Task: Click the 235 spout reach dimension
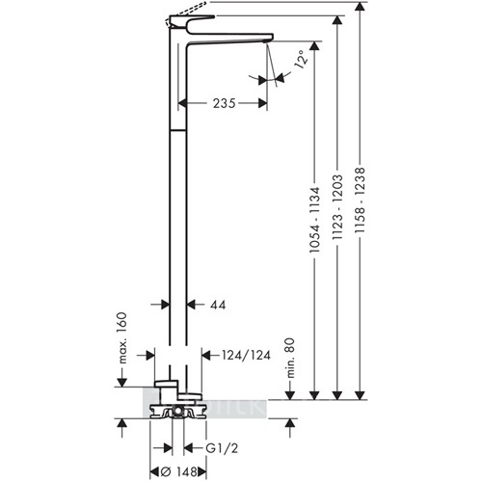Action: pyautogui.click(x=225, y=103)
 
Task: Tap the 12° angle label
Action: pyautogui.click(x=301, y=60)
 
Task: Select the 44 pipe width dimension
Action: pyautogui.click(x=218, y=305)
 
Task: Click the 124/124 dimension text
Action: pyautogui.click(x=246, y=355)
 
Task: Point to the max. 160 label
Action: pyautogui.click(x=122, y=337)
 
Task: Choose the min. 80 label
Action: pyautogui.click(x=290, y=358)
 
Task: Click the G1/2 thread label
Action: pyautogui.click(x=222, y=448)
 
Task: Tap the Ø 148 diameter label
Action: pyautogui.click(x=178, y=472)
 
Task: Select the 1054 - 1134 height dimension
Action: pyautogui.click(x=314, y=220)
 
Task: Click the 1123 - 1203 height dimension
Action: pyautogui.click(x=337, y=207)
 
